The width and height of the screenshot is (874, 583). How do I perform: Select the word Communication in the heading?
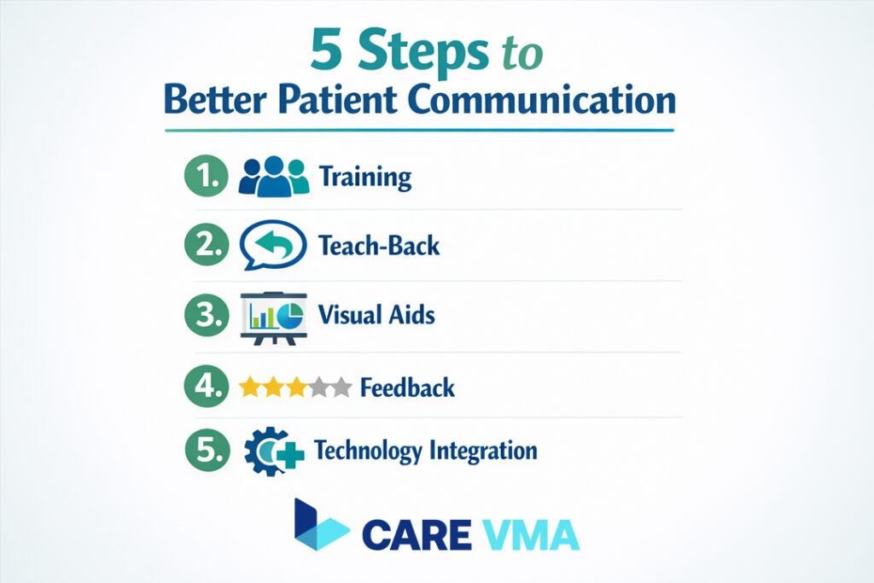click(x=555, y=100)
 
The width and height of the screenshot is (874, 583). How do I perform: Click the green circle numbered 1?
click(x=207, y=177)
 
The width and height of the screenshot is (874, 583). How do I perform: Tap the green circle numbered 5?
click(x=207, y=450)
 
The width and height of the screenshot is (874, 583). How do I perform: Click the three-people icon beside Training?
click(x=273, y=176)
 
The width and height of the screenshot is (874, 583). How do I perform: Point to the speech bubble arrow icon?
click(x=273, y=246)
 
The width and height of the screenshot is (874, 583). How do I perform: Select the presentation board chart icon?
click(x=273, y=316)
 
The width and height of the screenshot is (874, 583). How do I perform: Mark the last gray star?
click(x=341, y=388)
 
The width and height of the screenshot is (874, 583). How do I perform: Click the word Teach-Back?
click(x=379, y=246)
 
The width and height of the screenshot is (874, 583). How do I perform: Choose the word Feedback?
click(x=407, y=388)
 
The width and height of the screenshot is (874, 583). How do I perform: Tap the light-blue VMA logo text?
click(x=529, y=534)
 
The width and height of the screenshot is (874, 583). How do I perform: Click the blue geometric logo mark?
click(x=319, y=526)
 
